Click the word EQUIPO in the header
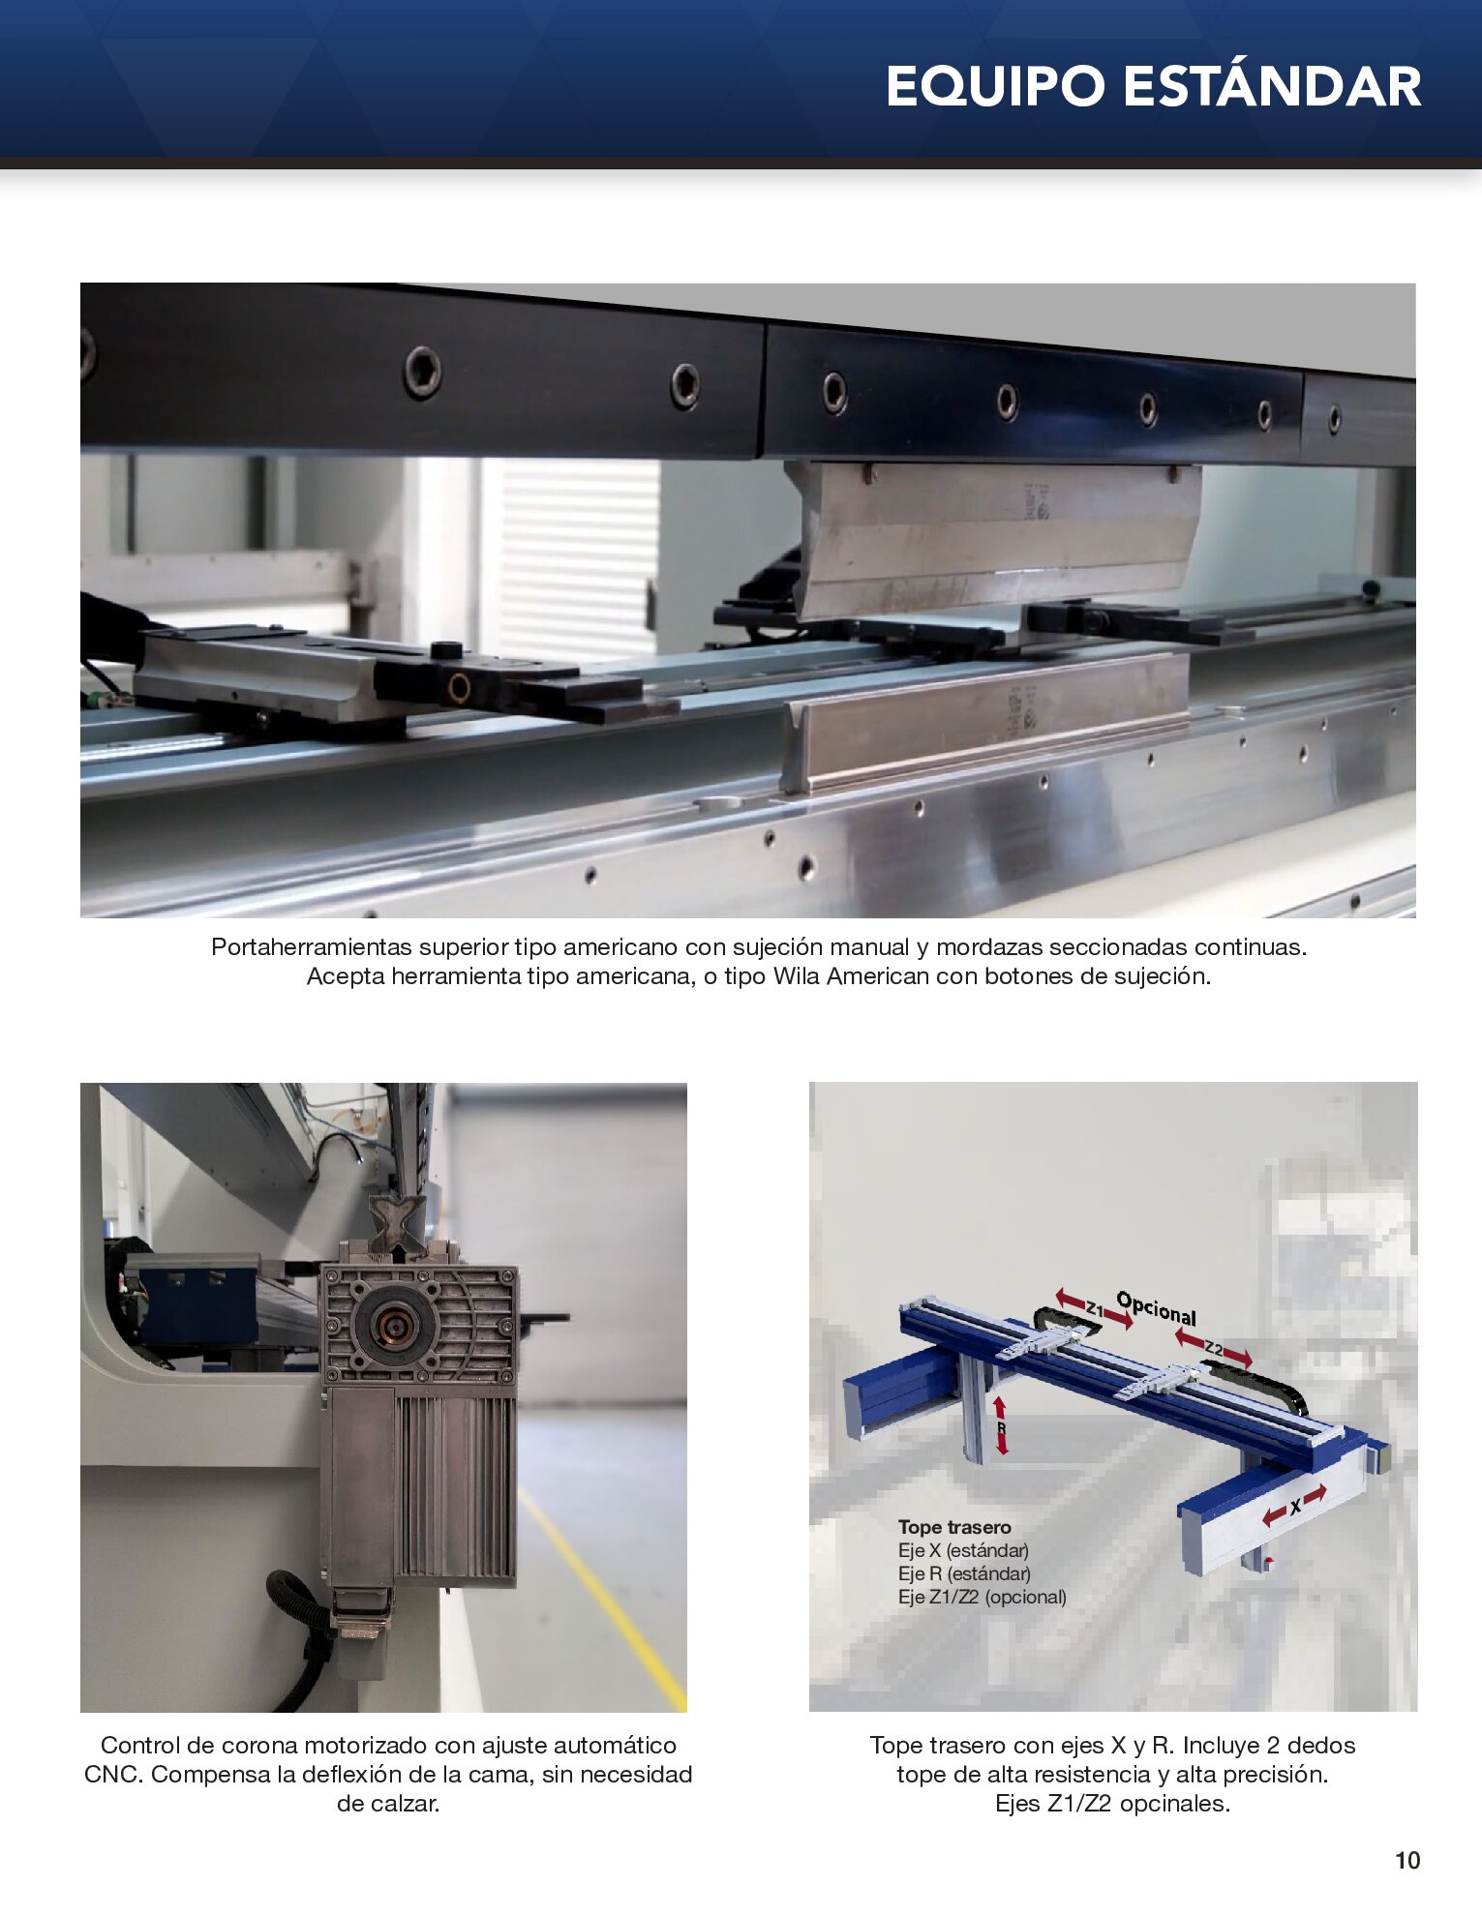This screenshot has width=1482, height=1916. [995, 87]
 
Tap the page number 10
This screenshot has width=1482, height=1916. [1407, 1861]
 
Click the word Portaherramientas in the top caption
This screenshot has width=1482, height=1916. [312, 947]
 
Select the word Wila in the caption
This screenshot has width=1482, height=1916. [797, 976]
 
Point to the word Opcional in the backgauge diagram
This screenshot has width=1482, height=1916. [1157, 1308]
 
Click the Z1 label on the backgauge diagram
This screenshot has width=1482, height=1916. [1094, 1309]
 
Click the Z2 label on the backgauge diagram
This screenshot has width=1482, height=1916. [1214, 1348]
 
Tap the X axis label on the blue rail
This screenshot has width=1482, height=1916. [1295, 1507]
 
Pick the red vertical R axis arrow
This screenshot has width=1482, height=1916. [1002, 1426]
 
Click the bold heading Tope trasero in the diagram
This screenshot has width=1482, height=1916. [954, 1527]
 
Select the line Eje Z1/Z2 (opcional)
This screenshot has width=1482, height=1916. [983, 1597]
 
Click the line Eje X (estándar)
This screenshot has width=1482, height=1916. [963, 1550]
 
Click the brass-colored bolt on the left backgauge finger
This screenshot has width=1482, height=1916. [458, 687]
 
